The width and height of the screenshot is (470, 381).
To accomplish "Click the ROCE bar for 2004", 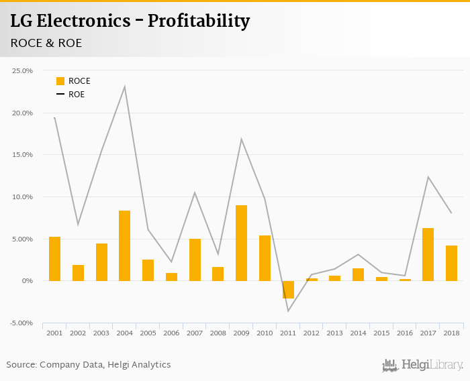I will point(124,246).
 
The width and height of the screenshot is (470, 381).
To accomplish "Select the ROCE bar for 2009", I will point(241,243).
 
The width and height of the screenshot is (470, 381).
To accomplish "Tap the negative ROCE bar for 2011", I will point(288,289).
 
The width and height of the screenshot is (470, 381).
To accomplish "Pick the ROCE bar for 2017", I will point(428,254).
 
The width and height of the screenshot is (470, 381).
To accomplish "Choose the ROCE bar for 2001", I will point(54,258).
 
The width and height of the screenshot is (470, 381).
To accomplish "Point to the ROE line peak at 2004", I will point(124,87).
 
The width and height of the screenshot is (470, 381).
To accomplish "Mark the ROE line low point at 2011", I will point(288,311).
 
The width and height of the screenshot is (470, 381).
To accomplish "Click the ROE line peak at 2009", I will point(241,139).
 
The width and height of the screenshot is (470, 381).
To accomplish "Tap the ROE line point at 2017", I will point(428,177).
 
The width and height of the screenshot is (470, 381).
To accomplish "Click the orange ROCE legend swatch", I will point(60,81).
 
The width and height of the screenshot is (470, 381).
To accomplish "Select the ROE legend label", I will point(77,95).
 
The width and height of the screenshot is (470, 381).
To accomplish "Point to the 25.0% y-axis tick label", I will point(23,70).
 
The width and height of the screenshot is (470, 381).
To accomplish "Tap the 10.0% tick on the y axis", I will point(23,197).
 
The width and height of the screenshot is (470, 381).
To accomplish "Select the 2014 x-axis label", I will point(358,333).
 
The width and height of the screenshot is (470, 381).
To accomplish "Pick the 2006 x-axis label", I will point(171,333).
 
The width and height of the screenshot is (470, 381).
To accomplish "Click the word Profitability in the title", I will point(198,21).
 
